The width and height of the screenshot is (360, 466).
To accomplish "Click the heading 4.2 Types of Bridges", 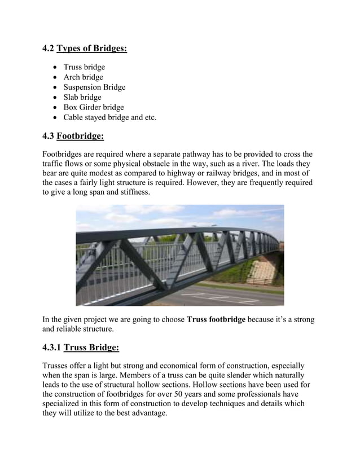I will tap(85, 49).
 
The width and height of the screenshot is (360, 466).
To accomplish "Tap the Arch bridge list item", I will tap(83, 77).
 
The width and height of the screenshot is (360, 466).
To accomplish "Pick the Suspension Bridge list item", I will tap(94, 87).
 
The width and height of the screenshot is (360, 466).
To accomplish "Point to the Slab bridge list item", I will tap(82, 98).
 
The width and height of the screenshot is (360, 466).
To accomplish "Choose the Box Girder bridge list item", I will tap(94, 108).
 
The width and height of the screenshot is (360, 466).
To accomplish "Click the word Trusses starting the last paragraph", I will tap(57, 365).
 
